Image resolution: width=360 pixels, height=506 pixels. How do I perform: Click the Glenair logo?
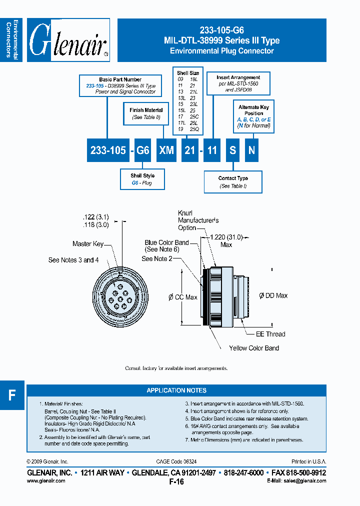(x=68, y=40)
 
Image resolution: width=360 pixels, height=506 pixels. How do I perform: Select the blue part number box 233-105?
(x=108, y=150)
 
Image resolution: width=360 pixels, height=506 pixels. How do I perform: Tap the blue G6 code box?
(x=142, y=150)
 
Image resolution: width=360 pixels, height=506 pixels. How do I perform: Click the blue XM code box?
(x=166, y=150)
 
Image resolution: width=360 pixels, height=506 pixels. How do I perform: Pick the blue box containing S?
(x=232, y=150)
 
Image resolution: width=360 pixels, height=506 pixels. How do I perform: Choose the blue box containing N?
(x=252, y=150)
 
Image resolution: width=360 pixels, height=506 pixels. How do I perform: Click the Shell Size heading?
(x=188, y=73)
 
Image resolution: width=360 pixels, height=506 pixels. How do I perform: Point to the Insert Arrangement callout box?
(x=238, y=84)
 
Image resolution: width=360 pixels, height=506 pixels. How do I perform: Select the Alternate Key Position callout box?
(x=254, y=116)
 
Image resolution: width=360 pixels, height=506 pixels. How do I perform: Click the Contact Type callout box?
(x=233, y=182)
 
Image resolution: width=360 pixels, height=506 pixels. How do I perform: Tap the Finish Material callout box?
(x=146, y=113)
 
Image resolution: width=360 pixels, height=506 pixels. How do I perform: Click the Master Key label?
(x=88, y=243)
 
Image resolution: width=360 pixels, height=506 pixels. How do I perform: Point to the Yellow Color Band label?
(x=254, y=348)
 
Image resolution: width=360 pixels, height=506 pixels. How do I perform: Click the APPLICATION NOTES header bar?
(x=176, y=390)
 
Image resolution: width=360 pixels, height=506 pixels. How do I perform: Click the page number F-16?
(x=176, y=482)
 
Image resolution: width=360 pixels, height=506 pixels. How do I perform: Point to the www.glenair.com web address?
(x=45, y=480)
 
